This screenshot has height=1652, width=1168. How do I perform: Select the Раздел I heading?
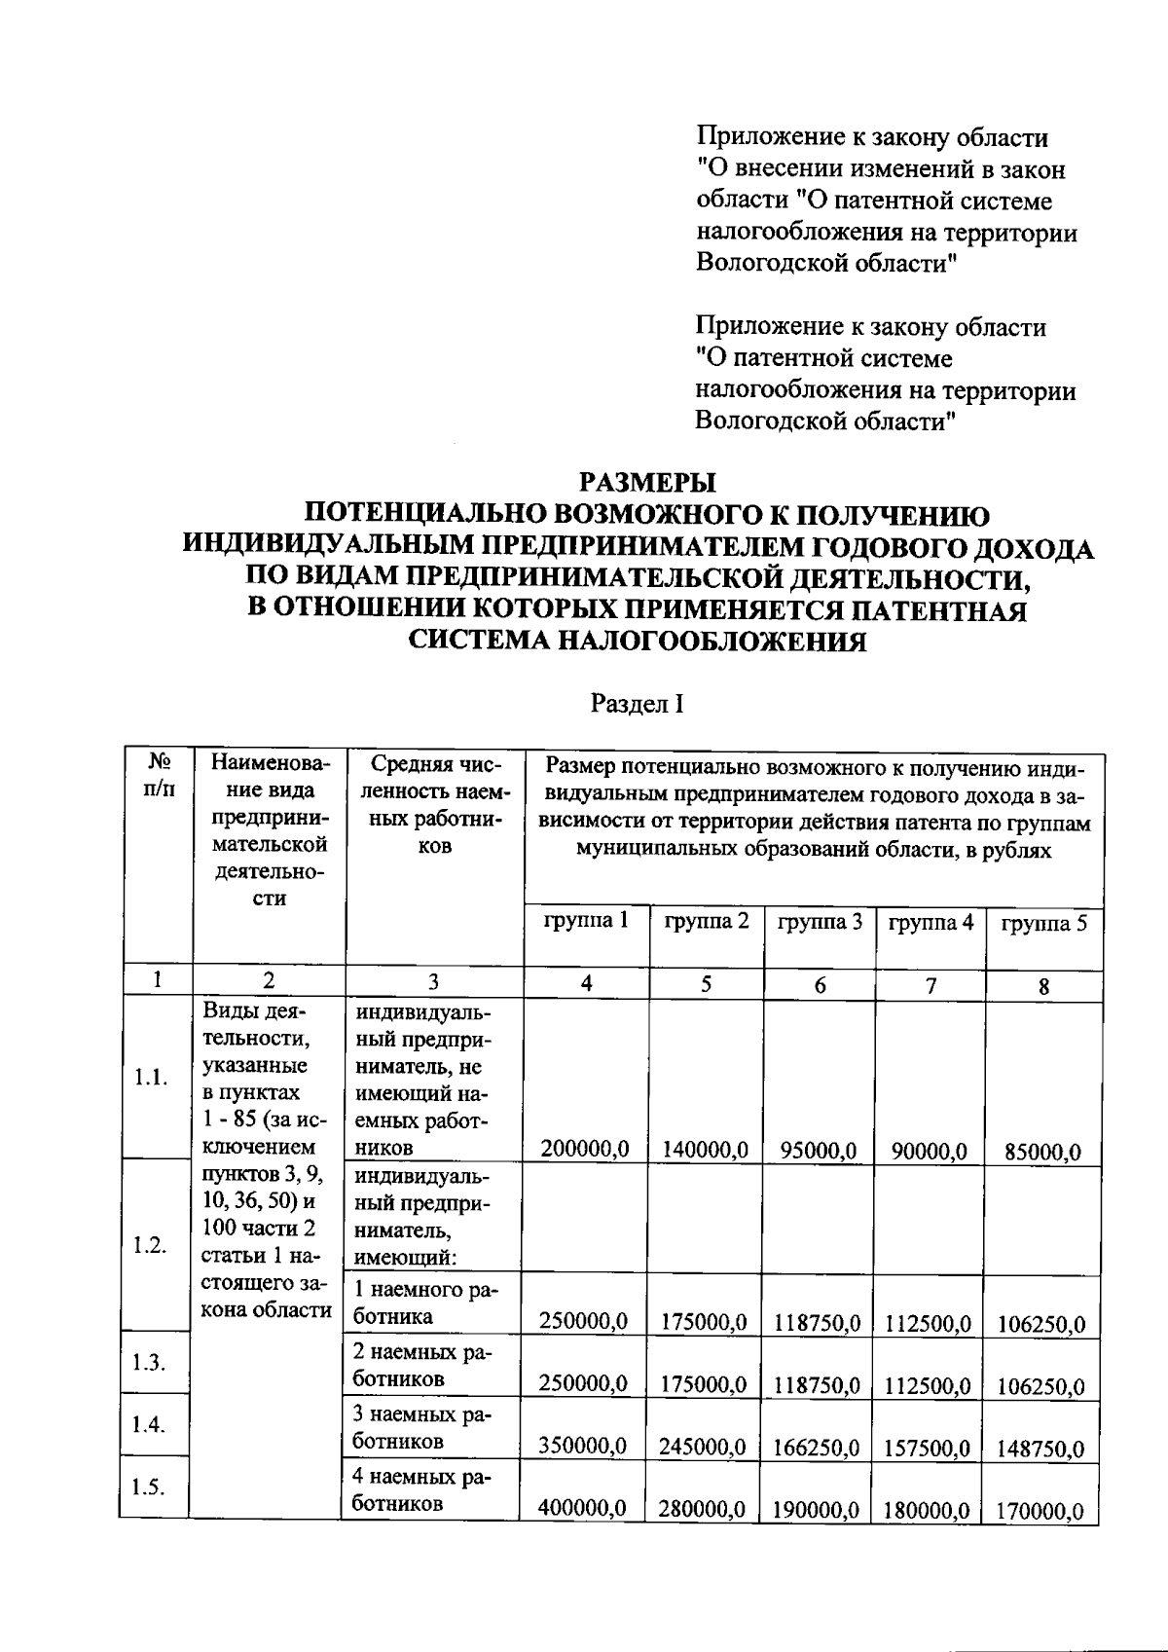[637, 704]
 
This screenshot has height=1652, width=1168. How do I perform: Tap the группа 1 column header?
[585, 921]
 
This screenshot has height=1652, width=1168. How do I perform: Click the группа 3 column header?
[820, 922]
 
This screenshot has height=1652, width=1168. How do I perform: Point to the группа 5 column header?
[1043, 924]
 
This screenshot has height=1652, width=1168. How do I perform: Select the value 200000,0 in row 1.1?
[584, 1150]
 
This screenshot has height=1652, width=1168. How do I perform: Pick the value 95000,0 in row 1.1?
[818, 1152]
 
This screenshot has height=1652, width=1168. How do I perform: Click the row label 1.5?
[149, 1487]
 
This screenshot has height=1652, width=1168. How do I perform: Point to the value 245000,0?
[702, 1448]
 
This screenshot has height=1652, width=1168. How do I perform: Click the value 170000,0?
[1040, 1512]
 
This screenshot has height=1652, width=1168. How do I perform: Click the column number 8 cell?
[1043, 986]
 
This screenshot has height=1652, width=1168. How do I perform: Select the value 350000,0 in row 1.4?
[582, 1447]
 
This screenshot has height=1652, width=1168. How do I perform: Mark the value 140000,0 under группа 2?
[705, 1151]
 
